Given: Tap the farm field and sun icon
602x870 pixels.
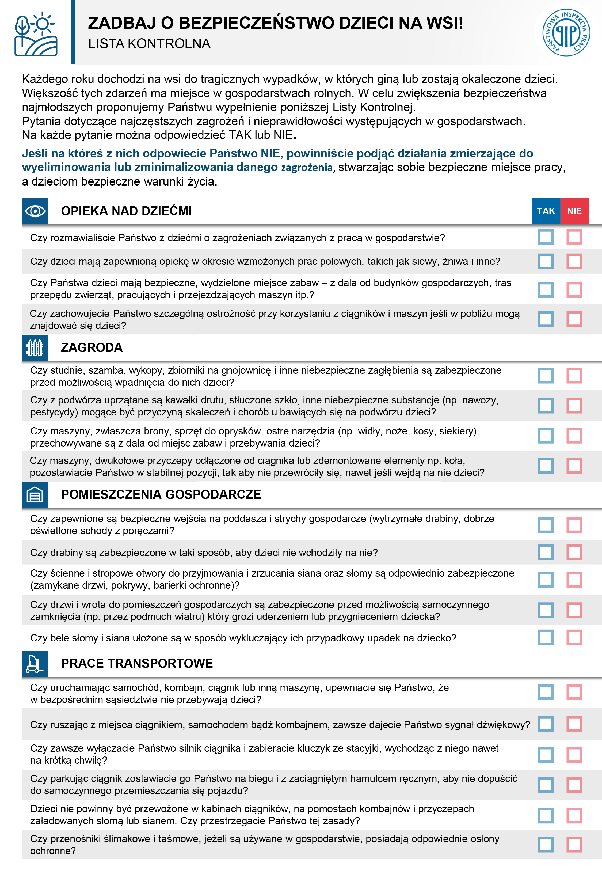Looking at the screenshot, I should (x=36, y=34).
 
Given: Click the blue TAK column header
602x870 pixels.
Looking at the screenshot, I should (x=546, y=211).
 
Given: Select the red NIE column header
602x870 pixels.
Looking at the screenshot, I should (x=574, y=211).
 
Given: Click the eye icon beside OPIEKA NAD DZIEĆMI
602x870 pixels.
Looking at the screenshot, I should (x=35, y=211).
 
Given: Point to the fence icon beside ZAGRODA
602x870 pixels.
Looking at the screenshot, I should (x=35, y=347).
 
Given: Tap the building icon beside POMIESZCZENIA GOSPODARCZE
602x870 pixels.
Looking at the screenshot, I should (x=35, y=494).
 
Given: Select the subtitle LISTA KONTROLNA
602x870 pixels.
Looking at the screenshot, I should (x=149, y=44).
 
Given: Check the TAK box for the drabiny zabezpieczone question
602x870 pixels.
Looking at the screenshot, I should (x=546, y=552).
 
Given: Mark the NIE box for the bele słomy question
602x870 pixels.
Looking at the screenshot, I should (x=574, y=638).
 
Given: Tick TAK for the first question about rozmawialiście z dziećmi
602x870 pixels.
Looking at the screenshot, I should (x=546, y=237).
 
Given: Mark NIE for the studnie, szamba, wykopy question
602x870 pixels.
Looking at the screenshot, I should (x=574, y=376).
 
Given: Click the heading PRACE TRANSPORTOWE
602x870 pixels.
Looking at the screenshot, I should (x=137, y=663).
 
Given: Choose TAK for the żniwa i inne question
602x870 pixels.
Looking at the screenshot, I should (x=546, y=261).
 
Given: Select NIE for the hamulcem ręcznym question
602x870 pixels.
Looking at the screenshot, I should (x=574, y=785).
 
